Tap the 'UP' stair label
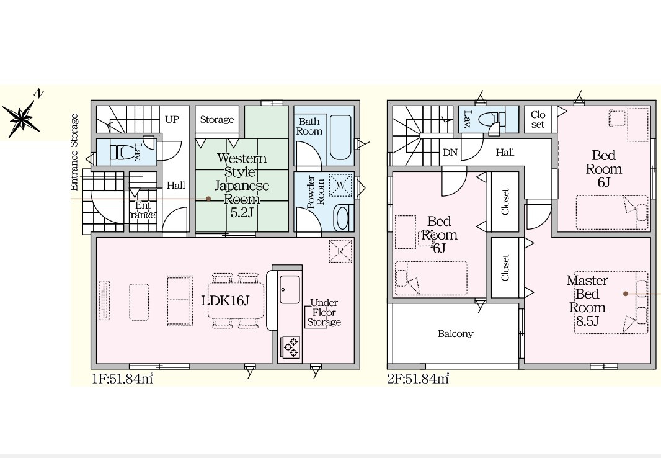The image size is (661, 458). [172, 119]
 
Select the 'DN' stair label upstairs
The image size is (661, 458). [450, 152]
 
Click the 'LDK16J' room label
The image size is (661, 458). [225, 300]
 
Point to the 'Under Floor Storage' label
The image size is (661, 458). [324, 313]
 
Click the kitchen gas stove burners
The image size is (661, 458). [291, 347]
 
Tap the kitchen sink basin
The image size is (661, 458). [290, 289]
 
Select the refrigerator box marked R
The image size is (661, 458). [340, 251]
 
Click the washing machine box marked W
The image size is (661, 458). [340, 185]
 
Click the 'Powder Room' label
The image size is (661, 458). [316, 192]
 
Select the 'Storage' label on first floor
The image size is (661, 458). [216, 119]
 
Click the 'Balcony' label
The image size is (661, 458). [455, 334]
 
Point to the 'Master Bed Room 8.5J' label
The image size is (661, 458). [587, 300]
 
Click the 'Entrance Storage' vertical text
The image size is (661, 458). [74, 152]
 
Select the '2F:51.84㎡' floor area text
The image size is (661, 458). [418, 379]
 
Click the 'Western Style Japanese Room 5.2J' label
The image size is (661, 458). [242, 185]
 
